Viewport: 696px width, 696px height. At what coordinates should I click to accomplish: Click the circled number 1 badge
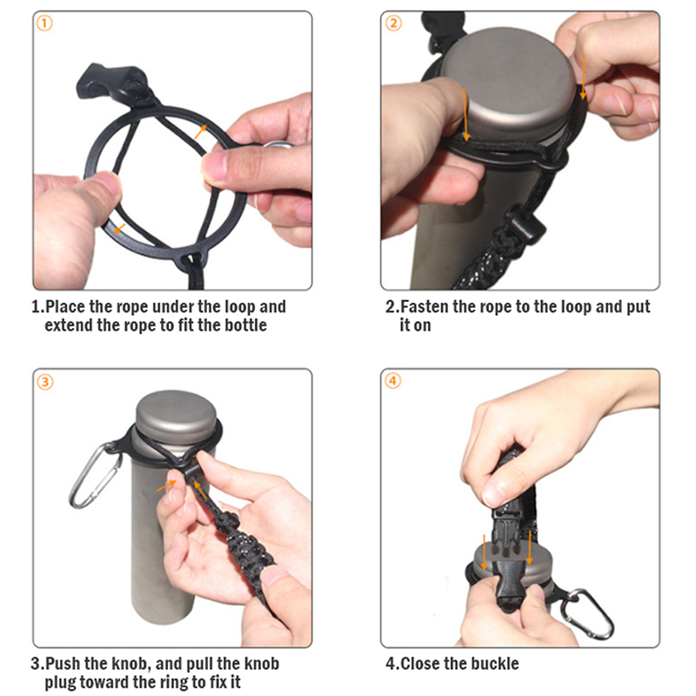44,23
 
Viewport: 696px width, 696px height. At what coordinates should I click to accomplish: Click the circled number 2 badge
393,23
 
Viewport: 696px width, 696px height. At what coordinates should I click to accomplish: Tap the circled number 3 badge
45,382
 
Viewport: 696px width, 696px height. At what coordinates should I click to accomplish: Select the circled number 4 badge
393,381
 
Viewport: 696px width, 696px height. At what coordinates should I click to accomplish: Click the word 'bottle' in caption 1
246,325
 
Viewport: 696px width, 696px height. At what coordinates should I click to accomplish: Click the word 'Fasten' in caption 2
424,307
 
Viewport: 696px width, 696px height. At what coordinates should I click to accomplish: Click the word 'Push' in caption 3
63,664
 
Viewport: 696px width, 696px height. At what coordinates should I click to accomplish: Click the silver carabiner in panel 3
96,474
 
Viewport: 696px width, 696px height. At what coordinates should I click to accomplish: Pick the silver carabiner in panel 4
586,613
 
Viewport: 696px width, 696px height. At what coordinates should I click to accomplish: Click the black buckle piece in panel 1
108,81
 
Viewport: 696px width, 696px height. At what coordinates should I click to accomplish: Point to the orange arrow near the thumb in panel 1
118,229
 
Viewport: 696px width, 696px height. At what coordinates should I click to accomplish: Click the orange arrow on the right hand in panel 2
583,77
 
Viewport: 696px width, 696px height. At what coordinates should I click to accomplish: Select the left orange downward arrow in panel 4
485,552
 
